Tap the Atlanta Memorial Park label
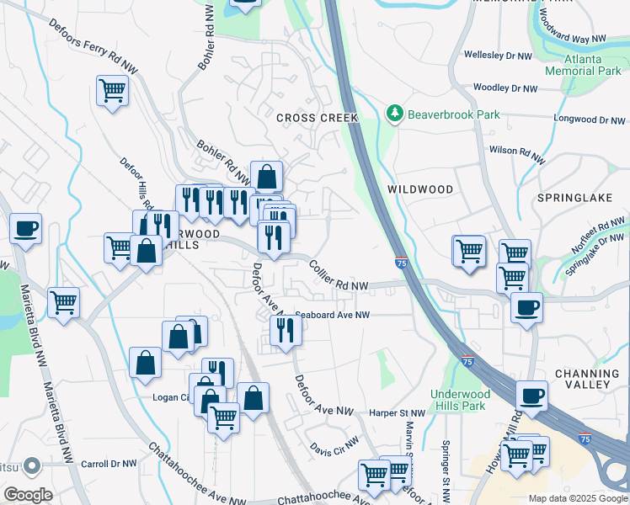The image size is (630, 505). [x=583, y=66]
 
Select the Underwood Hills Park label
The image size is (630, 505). [x=458, y=400]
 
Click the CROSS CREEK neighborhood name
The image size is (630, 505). [x=318, y=119]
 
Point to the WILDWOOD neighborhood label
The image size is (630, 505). [x=420, y=189]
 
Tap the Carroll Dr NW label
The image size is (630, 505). [x=109, y=464]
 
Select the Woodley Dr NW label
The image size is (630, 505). [x=505, y=88]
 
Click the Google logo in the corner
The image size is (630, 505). [x=28, y=495]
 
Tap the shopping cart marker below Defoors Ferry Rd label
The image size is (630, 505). [x=112, y=90]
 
